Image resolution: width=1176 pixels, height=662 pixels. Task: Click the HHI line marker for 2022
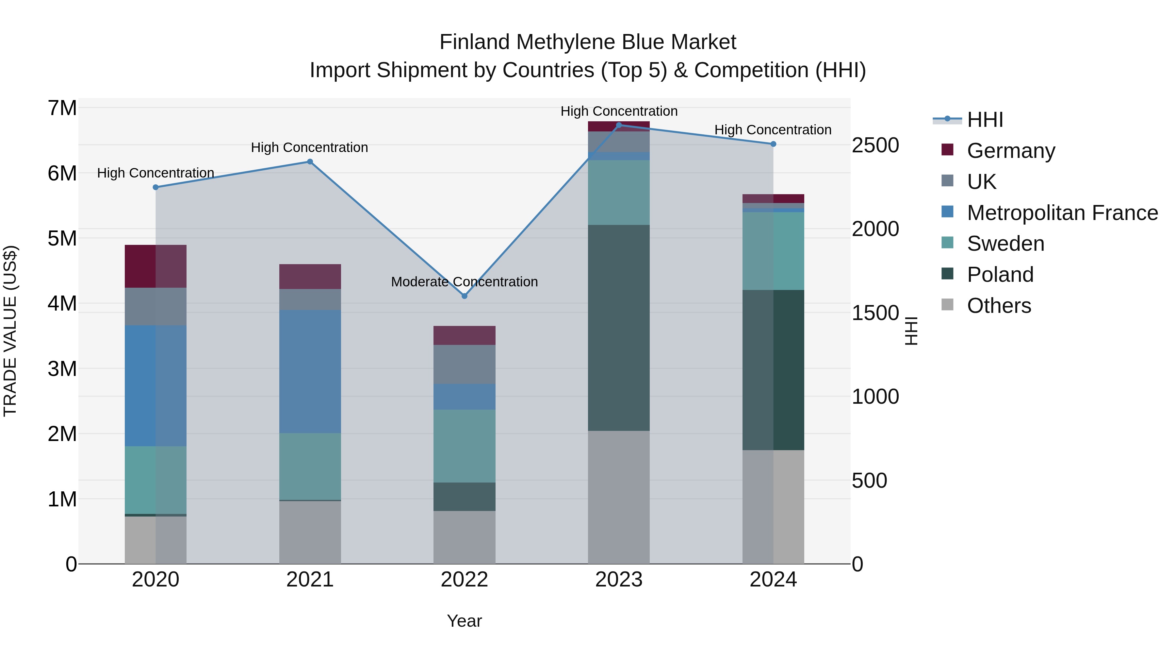464,296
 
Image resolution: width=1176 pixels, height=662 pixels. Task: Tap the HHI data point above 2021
310,162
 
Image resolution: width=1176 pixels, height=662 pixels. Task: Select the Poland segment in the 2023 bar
619,328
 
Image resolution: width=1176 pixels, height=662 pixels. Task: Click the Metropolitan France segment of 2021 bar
310,371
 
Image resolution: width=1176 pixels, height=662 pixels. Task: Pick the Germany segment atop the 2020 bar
155,266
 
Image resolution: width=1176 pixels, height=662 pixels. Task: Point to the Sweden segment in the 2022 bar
464,446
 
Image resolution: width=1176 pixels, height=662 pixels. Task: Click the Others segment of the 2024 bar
773,507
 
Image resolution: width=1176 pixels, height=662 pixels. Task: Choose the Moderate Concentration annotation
464,282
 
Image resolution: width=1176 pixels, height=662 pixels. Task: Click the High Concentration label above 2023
619,111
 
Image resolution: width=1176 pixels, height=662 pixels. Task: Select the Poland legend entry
1000,275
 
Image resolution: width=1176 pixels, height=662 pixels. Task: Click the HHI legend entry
985,120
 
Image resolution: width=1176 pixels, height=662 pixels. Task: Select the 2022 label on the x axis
464,580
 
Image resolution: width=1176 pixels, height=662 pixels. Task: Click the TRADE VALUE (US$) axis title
10,331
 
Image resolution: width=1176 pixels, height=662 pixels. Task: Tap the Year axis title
464,621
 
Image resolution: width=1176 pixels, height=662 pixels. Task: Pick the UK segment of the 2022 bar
464,364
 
